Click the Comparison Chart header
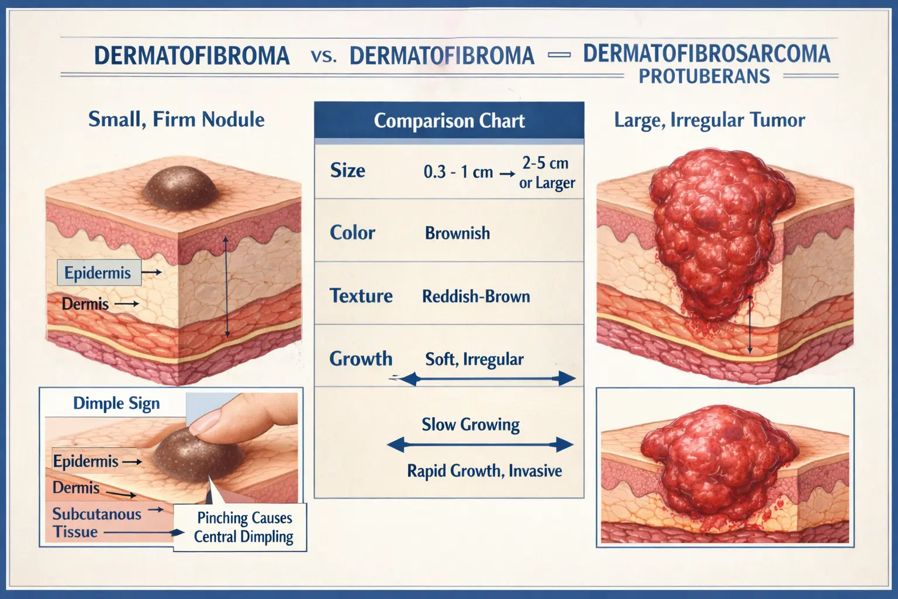click(449, 121)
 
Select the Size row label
click(347, 171)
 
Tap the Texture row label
click(361, 296)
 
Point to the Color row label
click(352, 233)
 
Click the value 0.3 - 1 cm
click(458, 172)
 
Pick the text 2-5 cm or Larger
click(546, 173)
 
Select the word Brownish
click(457, 233)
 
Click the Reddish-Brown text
click(476, 297)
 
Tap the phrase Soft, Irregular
click(474, 359)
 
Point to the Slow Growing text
click(471, 425)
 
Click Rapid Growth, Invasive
click(484, 471)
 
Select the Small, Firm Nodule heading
click(176, 120)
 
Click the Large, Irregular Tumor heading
click(709, 121)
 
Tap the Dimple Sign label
click(116, 404)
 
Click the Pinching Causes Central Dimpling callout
click(243, 527)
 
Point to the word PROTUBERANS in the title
click(704, 77)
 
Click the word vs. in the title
click(324, 56)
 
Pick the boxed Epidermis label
click(98, 273)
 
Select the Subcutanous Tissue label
click(96, 523)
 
